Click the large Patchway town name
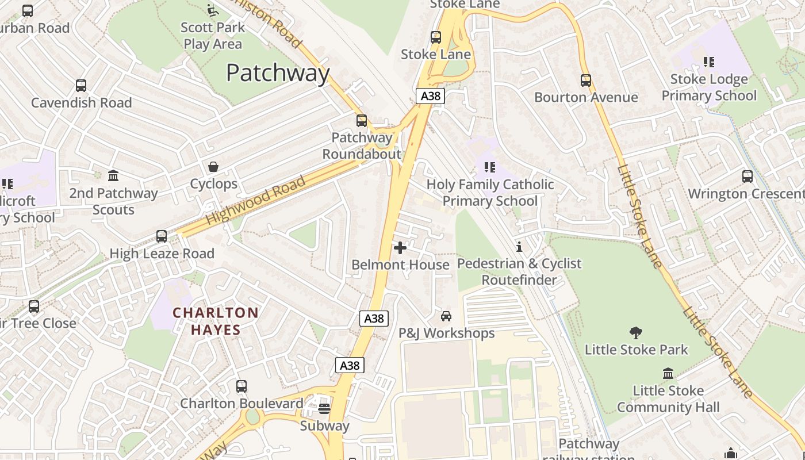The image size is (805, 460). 278,73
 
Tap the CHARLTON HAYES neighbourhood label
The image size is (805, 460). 216,321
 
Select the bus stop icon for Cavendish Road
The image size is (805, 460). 81,86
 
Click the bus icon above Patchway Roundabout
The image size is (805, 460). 362,121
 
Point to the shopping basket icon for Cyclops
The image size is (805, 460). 213,167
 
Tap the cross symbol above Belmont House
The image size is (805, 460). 400,248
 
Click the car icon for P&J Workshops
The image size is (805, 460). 446,316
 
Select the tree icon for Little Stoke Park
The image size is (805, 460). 636,332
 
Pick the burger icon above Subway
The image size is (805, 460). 324,409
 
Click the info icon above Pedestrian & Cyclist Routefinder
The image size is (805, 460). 519,247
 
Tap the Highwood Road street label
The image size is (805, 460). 255,201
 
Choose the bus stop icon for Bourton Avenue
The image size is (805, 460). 586,80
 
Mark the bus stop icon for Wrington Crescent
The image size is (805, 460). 747,177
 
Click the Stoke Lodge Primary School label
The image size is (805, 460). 709,87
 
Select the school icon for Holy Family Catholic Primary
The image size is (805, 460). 490,167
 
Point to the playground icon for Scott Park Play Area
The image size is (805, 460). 212,10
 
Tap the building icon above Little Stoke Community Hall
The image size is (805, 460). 668,374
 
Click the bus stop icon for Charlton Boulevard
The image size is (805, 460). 241,386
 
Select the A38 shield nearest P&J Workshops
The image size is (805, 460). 374,318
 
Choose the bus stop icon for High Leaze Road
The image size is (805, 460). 162,236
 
